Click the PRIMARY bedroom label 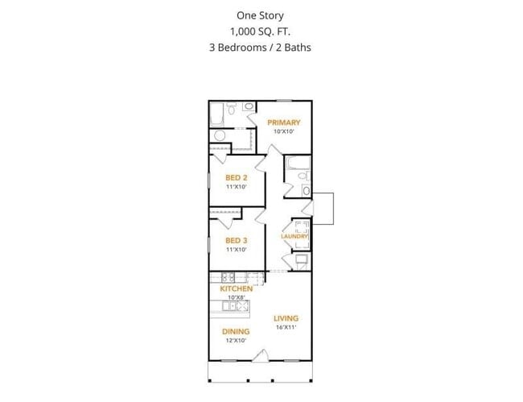284,122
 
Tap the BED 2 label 235,177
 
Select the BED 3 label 235,240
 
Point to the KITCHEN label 236,288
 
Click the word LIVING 286,317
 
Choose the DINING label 236,331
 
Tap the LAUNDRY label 294,236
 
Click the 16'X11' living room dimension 286,327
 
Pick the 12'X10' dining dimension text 236,341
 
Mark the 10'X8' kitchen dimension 236,296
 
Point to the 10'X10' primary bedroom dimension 284,131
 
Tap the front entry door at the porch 260,356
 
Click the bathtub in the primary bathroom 218,118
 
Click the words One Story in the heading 259,15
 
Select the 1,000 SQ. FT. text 259,31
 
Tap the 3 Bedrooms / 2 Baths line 259,47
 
